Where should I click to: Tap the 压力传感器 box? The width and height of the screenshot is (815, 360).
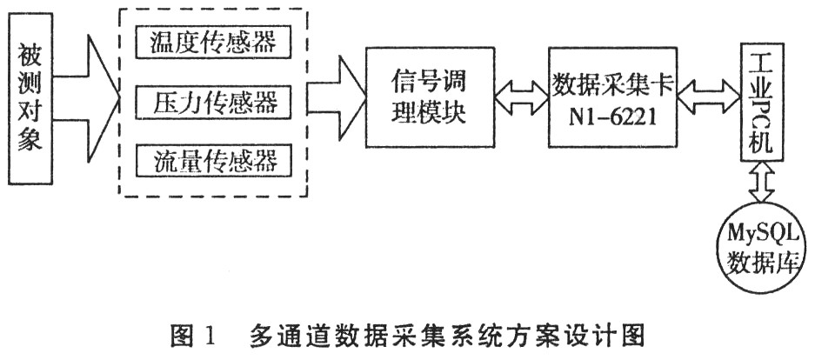[213, 103]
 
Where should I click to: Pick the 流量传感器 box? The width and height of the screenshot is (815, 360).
[213, 162]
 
